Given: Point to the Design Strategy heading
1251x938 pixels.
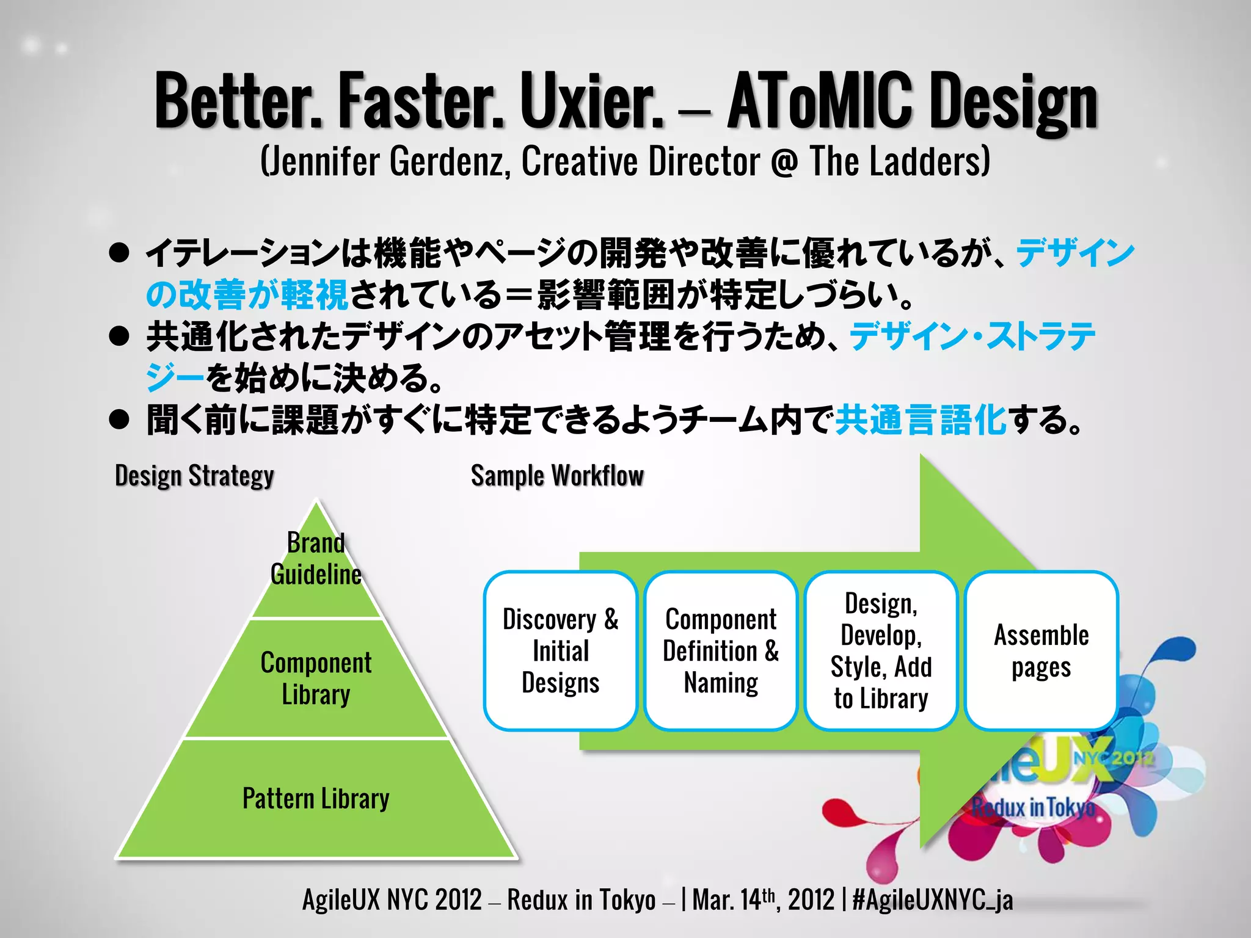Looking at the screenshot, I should coord(194,476).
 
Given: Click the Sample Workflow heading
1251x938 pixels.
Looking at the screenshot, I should coord(557,476).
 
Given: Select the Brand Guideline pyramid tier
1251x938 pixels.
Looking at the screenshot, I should coord(316,559).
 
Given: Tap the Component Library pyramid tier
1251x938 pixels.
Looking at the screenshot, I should coord(316,678).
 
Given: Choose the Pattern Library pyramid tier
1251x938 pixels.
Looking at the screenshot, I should coord(316,799).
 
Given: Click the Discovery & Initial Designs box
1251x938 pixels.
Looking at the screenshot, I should coord(561,651).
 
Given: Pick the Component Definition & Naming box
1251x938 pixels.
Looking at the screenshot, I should coord(721,651).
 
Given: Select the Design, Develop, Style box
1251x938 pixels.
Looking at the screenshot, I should coord(881,651).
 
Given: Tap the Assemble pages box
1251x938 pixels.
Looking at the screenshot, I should coord(1041,651).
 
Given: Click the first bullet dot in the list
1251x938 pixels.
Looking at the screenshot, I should coord(119,253).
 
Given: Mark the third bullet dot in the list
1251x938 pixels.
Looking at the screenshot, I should coord(119,420).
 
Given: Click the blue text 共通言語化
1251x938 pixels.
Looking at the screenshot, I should coord(921,420).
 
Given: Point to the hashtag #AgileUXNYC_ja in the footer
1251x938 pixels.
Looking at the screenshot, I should coord(933,900).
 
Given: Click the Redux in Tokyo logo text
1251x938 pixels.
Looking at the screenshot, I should coord(1034,807).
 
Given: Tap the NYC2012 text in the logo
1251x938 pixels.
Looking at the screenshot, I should coord(1114,759).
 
